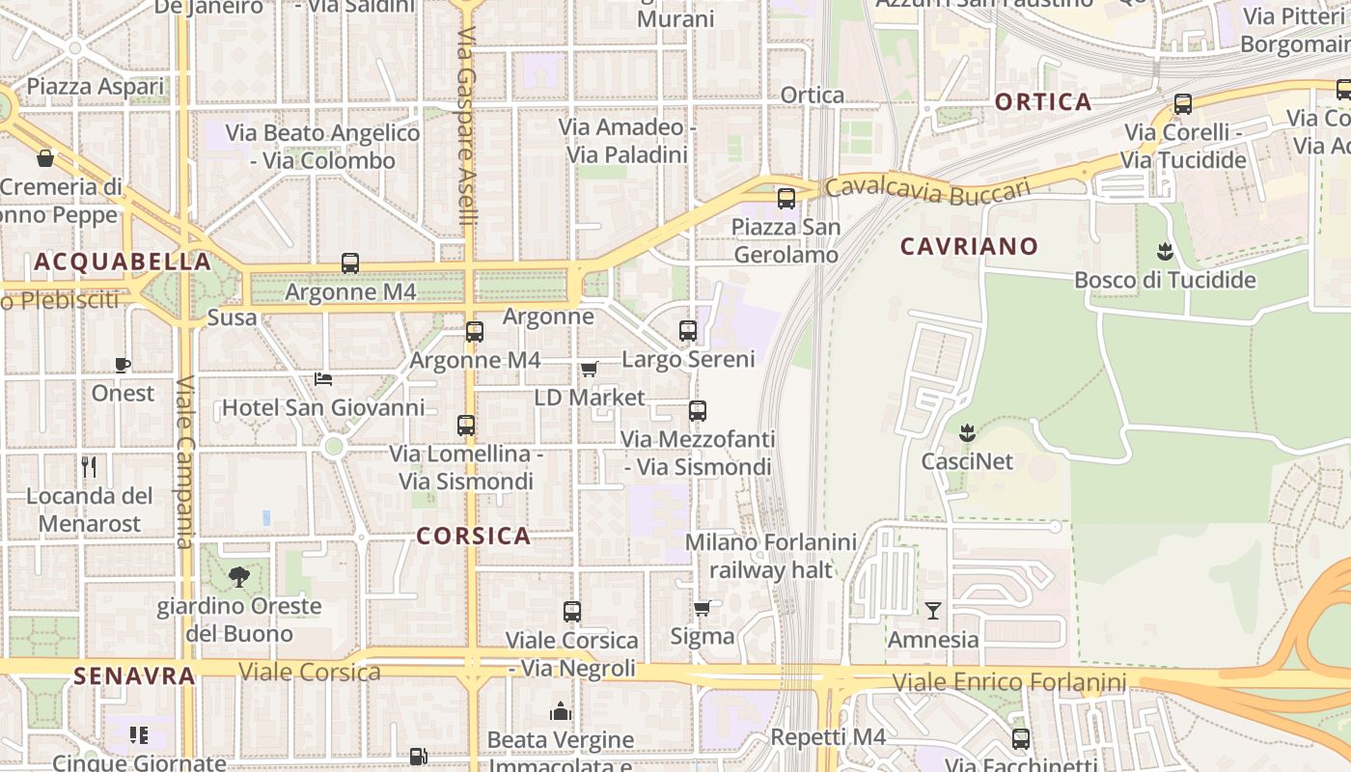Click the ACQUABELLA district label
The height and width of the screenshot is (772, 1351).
pyautogui.click(x=123, y=262)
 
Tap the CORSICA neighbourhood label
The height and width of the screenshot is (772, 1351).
pyautogui.click(x=474, y=537)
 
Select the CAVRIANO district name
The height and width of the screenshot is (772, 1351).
pyautogui.click(x=969, y=246)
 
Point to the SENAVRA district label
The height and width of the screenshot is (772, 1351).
pyautogui.click(x=134, y=675)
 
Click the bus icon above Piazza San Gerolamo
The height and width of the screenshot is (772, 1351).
pyautogui.click(x=786, y=199)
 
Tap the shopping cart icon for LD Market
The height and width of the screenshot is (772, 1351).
pyautogui.click(x=590, y=369)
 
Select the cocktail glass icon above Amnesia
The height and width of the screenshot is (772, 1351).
pyautogui.click(x=932, y=611)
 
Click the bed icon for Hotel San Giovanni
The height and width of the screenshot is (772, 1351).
pyautogui.click(x=323, y=379)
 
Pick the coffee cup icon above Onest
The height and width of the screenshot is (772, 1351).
pyautogui.click(x=123, y=365)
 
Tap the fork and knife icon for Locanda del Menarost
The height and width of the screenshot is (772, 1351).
pyautogui.click(x=89, y=468)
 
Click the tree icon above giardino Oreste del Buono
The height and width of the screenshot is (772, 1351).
pyautogui.click(x=238, y=577)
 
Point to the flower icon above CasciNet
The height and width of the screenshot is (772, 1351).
pyautogui.click(x=967, y=432)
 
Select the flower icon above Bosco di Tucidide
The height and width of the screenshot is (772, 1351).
pyautogui.click(x=1165, y=252)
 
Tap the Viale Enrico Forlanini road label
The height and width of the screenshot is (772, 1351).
pyautogui.click(x=1008, y=683)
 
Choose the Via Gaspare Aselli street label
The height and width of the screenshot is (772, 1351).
pyautogui.click(x=467, y=125)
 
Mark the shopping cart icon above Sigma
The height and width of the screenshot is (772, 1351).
pyautogui.click(x=702, y=608)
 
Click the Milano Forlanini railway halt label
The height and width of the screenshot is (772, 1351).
pyautogui.click(x=771, y=556)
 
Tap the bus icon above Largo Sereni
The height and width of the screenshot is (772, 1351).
pyautogui.click(x=688, y=331)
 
